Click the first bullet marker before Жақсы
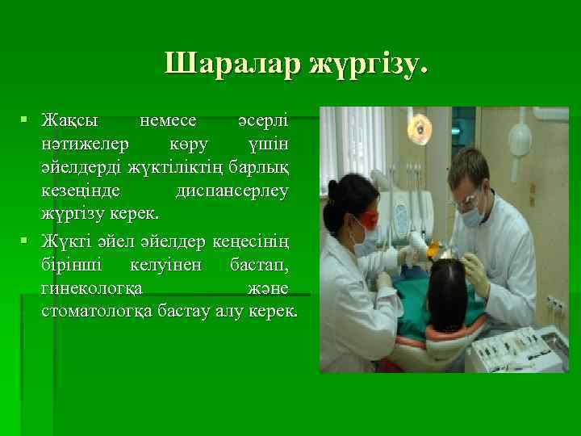[x=27, y=120]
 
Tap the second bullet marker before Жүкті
[x=27, y=240]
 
